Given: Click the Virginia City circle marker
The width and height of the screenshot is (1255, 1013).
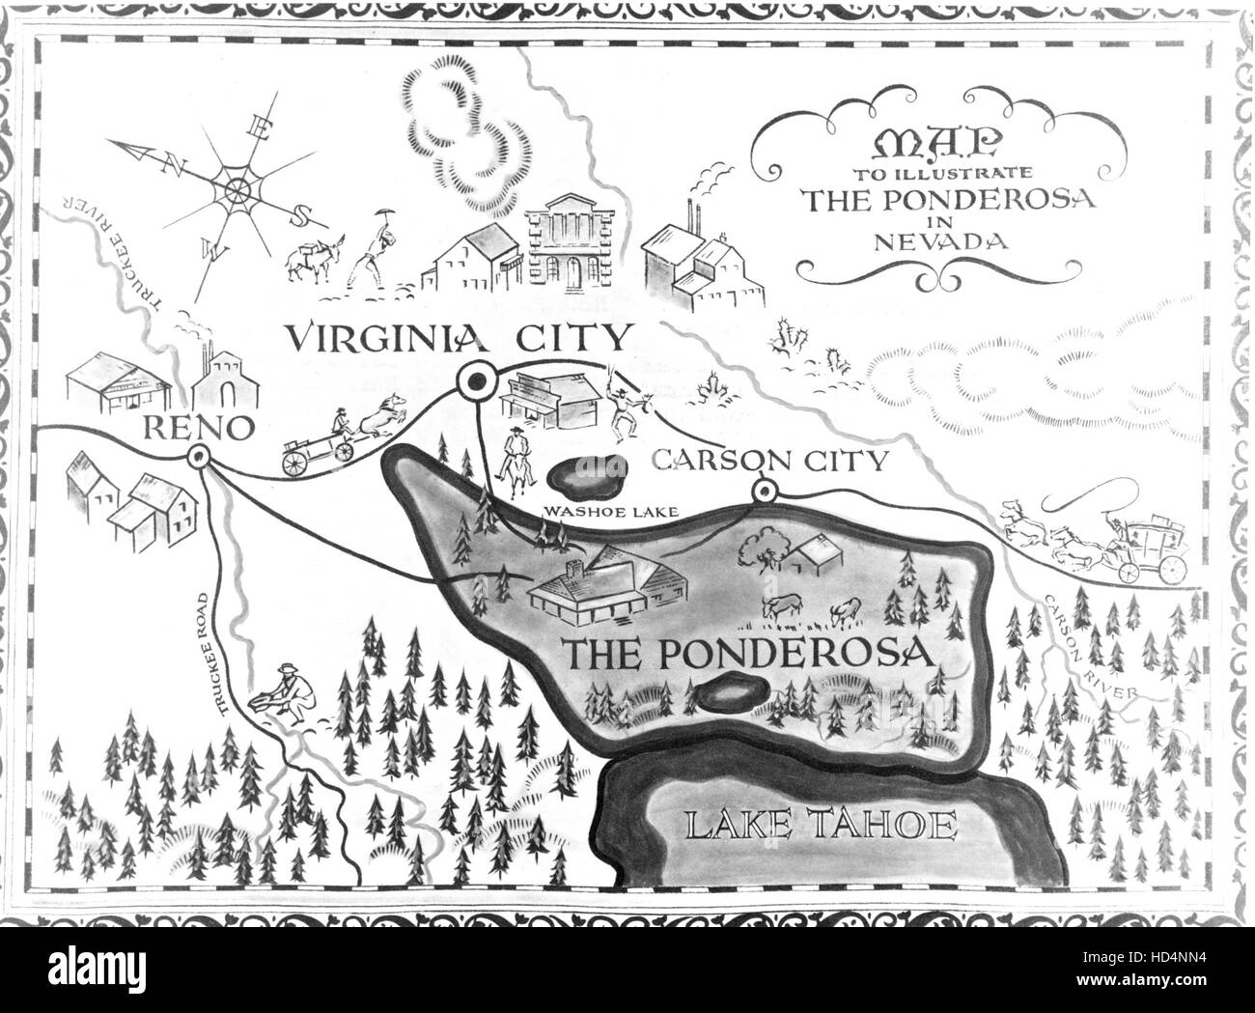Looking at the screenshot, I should point(475,382).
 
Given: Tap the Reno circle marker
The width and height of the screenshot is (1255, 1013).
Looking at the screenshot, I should point(200,458).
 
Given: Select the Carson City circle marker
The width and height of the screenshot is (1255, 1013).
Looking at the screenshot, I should point(765,492).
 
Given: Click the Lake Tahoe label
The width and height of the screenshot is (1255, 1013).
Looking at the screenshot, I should point(821,827).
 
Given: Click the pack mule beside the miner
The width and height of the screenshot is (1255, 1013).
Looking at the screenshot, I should point(311,259).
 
